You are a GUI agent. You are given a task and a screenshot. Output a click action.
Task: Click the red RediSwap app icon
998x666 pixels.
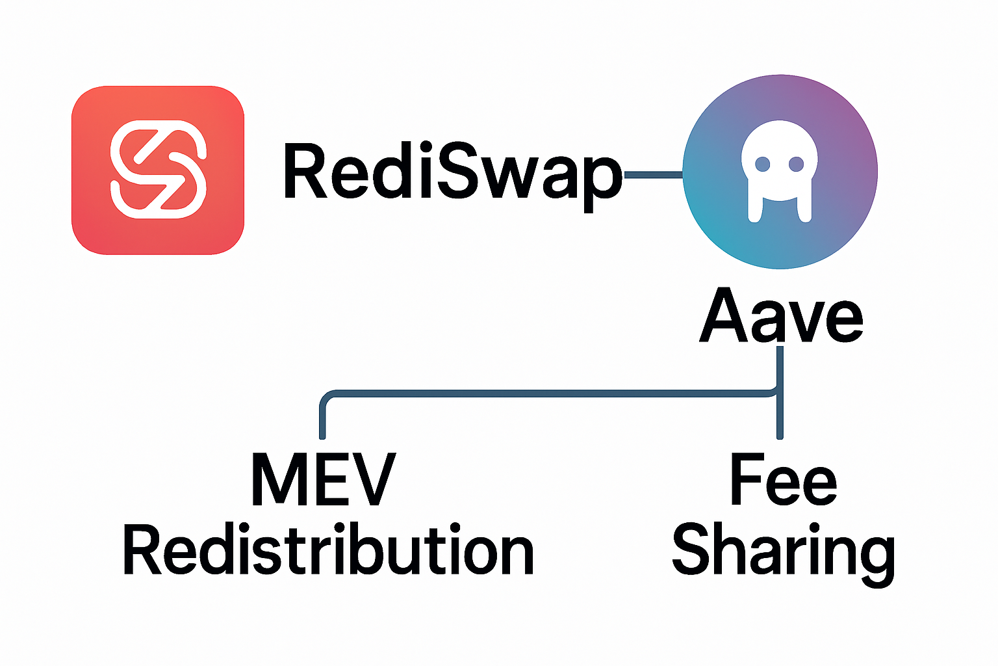[158, 170]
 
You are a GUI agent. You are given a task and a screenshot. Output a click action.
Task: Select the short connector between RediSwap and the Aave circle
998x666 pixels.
[652, 174]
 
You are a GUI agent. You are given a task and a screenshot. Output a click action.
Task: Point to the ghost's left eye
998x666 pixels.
[763, 165]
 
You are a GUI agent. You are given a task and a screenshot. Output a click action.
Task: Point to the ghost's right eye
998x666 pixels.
[797, 165]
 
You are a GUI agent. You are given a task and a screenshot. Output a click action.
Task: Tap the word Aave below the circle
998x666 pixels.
[781, 317]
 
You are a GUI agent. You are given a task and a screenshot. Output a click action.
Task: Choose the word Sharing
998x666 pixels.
[783, 553]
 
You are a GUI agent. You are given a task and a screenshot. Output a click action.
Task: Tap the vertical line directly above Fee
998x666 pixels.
[780, 416]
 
